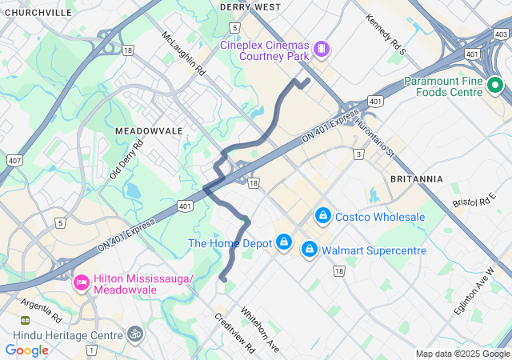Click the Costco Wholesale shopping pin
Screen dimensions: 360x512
[323, 216]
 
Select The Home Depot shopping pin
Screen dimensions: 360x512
[283, 242]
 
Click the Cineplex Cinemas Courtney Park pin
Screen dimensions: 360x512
[321, 50]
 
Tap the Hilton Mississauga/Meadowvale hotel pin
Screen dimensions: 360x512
[81, 282]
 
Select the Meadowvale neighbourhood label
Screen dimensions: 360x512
[149, 130]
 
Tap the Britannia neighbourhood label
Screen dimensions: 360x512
[416, 178]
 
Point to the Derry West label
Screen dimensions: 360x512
[250, 6]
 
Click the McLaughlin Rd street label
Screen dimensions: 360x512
[183, 54]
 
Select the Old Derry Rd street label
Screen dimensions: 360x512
[126, 158]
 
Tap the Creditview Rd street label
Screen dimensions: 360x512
[234, 332]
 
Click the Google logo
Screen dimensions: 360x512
[26, 350]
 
